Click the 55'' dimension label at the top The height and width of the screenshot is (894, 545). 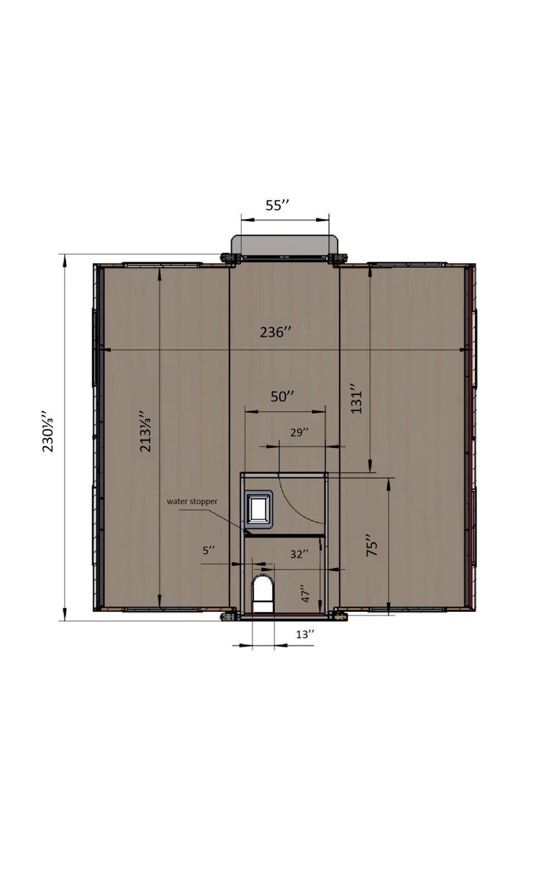pyautogui.click(x=277, y=206)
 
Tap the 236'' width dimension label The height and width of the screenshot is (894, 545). pyautogui.click(x=276, y=332)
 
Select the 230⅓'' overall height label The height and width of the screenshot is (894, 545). pyautogui.click(x=48, y=431)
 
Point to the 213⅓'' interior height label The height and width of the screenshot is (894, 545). pyautogui.click(x=145, y=431)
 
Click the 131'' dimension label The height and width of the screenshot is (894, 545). pyautogui.click(x=356, y=398)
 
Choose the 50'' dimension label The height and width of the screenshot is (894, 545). pyautogui.click(x=282, y=397)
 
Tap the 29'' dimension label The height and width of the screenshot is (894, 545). pyautogui.click(x=299, y=432)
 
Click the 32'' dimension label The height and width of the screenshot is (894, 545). pyautogui.click(x=299, y=554)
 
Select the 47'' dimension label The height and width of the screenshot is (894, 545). pyautogui.click(x=305, y=594)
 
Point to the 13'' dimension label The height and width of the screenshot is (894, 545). pyautogui.click(x=305, y=634)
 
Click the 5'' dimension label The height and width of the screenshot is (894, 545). pyautogui.click(x=208, y=550)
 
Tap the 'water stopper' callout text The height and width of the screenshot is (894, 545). pyautogui.click(x=192, y=501)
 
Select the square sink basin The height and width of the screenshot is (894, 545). pyautogui.click(x=259, y=509)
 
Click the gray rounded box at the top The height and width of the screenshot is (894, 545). pyautogui.click(x=285, y=245)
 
